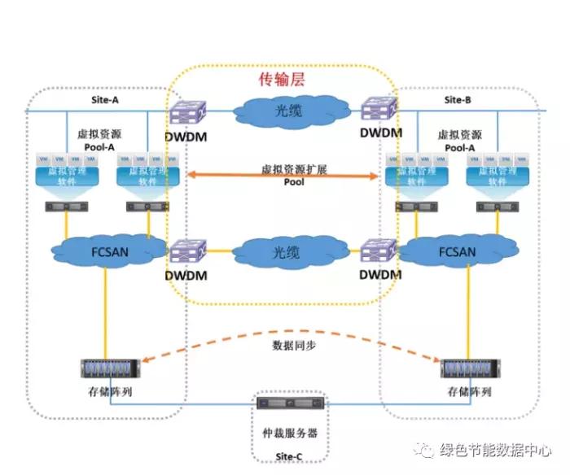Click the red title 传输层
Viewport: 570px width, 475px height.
point(283,79)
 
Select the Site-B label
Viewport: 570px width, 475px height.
point(458,100)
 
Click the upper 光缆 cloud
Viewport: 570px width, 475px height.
point(285,111)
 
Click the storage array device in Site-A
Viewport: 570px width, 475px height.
point(108,368)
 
